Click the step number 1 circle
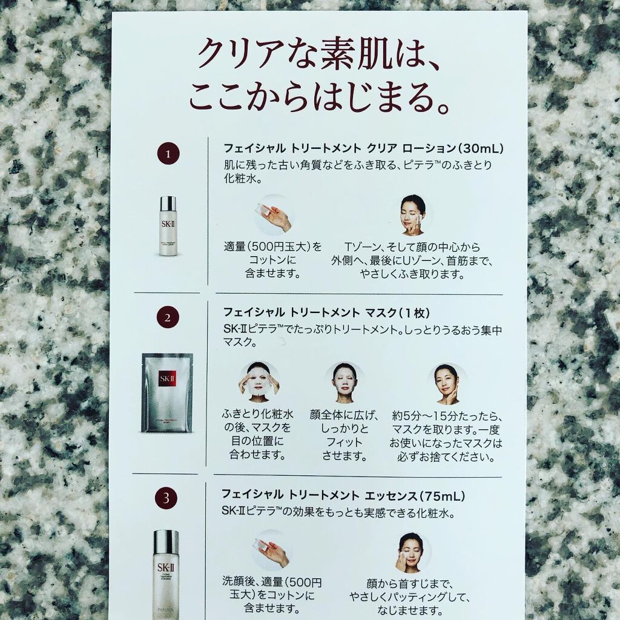[167, 155]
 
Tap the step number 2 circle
[167, 317]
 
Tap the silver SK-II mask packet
[167, 392]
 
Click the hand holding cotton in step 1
[274, 214]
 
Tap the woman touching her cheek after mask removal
[447, 383]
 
